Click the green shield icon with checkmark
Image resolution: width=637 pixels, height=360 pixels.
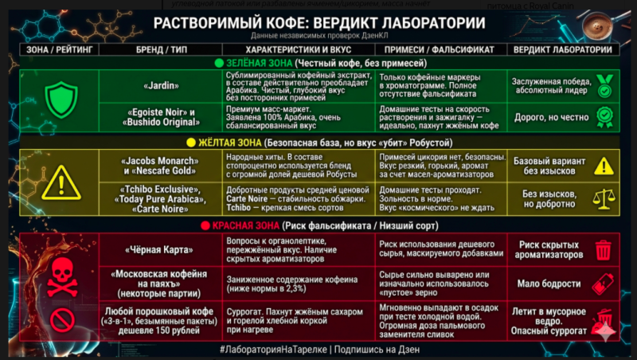pyautogui.click(x=61, y=100)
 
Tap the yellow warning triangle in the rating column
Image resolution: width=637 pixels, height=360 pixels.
pyautogui.click(x=61, y=182)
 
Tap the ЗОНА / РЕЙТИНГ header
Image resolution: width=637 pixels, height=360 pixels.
pyautogui.click(x=61, y=49)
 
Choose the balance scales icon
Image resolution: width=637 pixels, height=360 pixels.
pyautogui.click(x=604, y=196)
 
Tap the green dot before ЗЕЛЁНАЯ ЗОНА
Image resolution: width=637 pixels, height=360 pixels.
pyautogui.click(x=217, y=63)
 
